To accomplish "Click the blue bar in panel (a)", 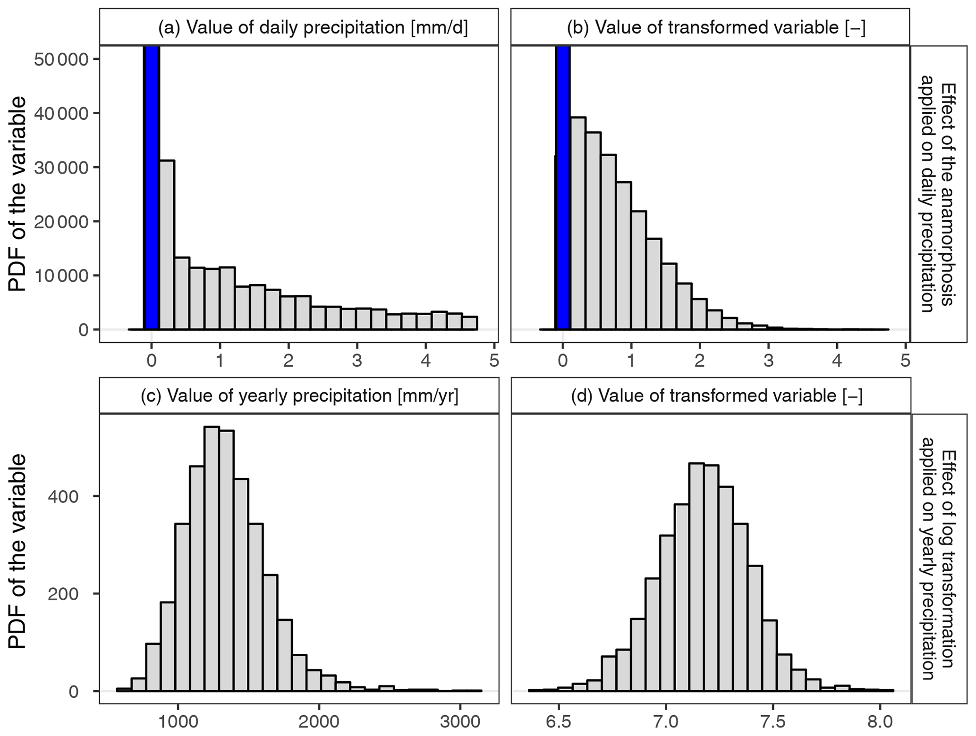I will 152,189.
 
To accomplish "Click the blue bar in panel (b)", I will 563,189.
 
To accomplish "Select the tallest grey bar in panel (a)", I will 167,245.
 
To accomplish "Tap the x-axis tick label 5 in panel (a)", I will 494,361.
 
